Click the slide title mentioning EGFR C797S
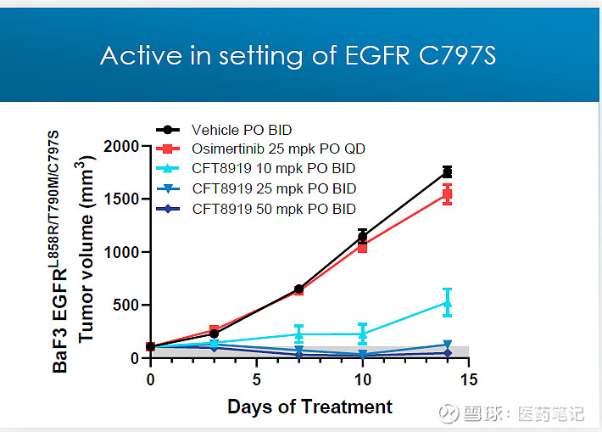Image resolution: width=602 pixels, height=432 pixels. [298, 55]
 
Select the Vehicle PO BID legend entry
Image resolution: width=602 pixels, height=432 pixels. [242, 130]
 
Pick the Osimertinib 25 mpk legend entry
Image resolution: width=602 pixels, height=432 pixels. [267, 149]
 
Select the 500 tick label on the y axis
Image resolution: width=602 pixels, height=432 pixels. [127, 306]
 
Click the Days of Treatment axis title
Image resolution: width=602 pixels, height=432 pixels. [309, 407]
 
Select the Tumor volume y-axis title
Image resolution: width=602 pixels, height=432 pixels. [86, 250]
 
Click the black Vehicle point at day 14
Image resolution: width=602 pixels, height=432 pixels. [447, 172]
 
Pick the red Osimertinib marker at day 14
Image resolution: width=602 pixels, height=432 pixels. [447, 194]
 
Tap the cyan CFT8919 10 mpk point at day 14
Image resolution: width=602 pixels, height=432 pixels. [447, 302]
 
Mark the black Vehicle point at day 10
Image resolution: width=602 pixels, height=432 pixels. [362, 236]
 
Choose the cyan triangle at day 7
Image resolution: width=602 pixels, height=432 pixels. [298, 334]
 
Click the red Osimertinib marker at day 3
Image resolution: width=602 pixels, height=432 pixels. [214, 330]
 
